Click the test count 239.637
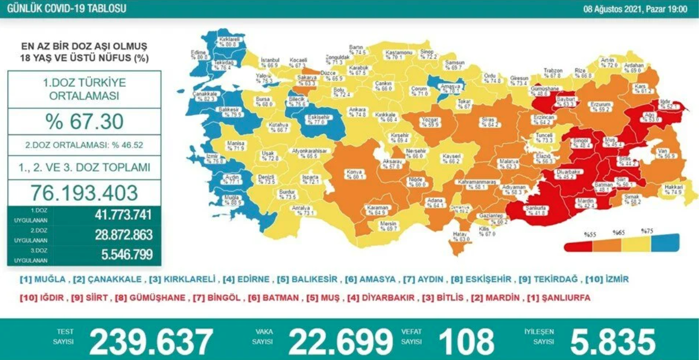(151, 341)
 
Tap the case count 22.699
(340, 341)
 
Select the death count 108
(466, 341)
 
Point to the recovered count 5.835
(612, 341)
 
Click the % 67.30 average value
(84, 122)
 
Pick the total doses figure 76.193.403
(84, 192)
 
